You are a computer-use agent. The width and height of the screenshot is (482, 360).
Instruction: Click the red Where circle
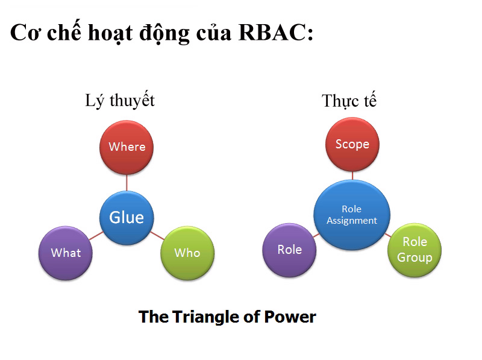pyautogui.click(x=127, y=147)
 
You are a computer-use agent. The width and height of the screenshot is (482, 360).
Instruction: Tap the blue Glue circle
pyautogui.click(x=127, y=217)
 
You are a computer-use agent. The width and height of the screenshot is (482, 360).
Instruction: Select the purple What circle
pyautogui.click(x=66, y=252)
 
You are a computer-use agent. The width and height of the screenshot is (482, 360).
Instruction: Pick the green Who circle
pyautogui.click(x=187, y=253)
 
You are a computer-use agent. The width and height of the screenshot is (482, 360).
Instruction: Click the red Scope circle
pyautogui.click(x=352, y=144)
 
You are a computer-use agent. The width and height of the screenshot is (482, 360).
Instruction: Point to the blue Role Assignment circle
pyautogui.click(x=351, y=215)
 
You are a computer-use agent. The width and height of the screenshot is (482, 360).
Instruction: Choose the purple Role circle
pyautogui.click(x=290, y=250)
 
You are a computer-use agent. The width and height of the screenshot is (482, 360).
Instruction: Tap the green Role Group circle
pyautogui.click(x=415, y=250)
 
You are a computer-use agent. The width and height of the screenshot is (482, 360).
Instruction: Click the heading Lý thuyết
pyautogui.click(x=120, y=100)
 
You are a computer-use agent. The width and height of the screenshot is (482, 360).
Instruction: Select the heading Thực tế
pyautogui.click(x=349, y=101)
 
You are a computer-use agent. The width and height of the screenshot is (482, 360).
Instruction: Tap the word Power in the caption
pyautogui.click(x=292, y=317)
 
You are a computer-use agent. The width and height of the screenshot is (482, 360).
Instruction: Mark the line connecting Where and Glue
pyautogui.click(x=127, y=182)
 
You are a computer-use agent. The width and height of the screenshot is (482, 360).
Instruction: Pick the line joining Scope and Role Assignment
pyautogui.click(x=352, y=175)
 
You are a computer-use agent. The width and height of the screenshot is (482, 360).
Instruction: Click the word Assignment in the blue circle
pyautogui.click(x=352, y=221)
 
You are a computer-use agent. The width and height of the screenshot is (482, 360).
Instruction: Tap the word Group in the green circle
pyautogui.click(x=415, y=257)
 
